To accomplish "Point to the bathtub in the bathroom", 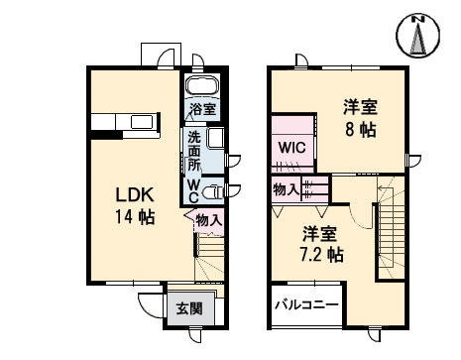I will pos(203,85).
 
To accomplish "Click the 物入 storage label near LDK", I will pos(208,220).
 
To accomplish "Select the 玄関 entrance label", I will pos(189,309).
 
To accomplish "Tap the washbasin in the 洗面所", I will pos(217,139).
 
